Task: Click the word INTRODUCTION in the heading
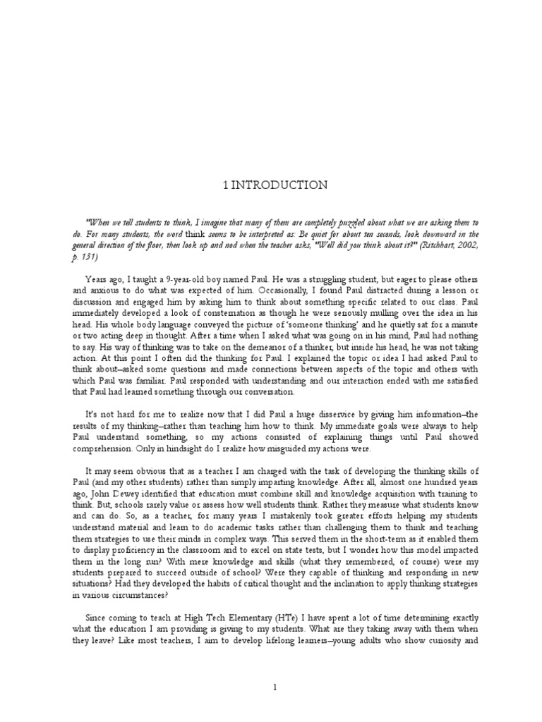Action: (276, 185)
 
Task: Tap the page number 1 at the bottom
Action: (271, 685)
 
